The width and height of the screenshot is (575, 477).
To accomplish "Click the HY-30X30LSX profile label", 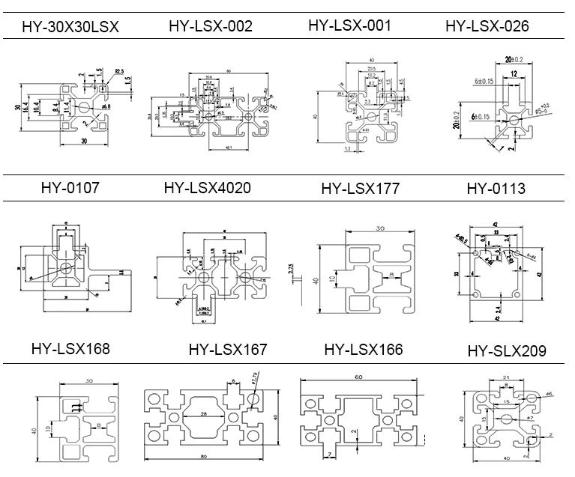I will [x=70, y=28].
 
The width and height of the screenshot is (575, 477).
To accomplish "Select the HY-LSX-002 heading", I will [x=211, y=26].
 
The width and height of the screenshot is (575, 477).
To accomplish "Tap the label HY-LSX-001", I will [x=349, y=25].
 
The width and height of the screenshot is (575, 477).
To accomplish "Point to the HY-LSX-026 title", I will [x=487, y=26].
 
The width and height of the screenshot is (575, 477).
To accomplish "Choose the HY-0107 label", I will [x=70, y=188].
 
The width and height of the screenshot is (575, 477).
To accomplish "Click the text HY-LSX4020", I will [x=207, y=187].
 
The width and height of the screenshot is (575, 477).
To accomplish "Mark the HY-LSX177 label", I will [x=360, y=188].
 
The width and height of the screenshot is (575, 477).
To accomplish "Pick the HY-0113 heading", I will [x=496, y=188].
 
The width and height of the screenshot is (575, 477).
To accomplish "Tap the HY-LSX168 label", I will [x=70, y=348].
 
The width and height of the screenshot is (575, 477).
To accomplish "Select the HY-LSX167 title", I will [x=228, y=349].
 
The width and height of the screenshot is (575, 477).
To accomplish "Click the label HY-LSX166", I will [x=364, y=349].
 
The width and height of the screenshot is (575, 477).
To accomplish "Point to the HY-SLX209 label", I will [x=507, y=350].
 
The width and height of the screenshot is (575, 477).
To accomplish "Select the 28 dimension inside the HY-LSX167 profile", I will [x=203, y=413].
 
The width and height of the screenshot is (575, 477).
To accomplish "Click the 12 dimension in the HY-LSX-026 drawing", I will [x=513, y=73].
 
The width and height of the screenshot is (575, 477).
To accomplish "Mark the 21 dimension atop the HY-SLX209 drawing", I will [x=506, y=377].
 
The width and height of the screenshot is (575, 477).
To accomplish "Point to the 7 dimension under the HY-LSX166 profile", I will [x=328, y=453].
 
